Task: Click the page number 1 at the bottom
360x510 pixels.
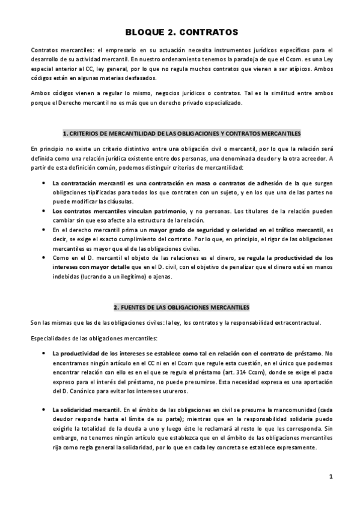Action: coord(331,477)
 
